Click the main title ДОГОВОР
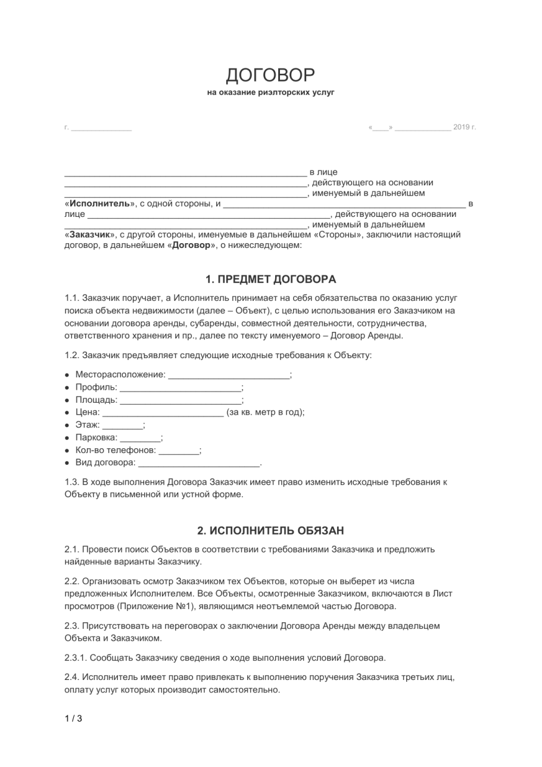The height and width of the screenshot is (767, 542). point(270,75)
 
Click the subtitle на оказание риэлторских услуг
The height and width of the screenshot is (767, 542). point(271,93)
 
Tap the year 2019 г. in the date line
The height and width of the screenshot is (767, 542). point(465,127)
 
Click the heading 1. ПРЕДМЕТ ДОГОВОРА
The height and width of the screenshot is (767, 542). point(270,279)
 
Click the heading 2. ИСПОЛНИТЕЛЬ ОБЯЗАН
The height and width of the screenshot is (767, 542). point(270,530)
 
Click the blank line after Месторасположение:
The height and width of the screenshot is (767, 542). point(229,375)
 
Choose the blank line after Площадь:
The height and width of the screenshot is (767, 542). point(180,400)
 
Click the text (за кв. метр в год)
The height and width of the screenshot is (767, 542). point(264,412)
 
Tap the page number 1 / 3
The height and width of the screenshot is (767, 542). point(73,718)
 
